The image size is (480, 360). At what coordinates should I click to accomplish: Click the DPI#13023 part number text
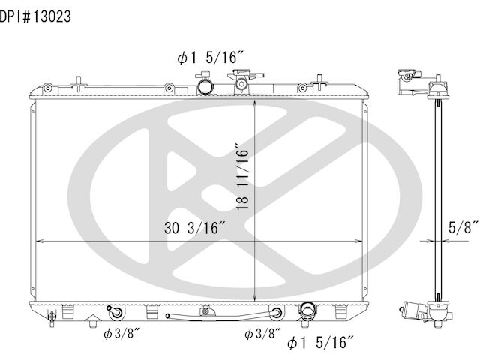click(x=35, y=16)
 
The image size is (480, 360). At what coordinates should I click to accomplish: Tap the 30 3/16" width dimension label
click(x=195, y=228)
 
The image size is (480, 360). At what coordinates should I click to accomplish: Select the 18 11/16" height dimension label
click(x=243, y=176)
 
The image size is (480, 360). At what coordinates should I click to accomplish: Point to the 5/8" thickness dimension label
click(x=463, y=226)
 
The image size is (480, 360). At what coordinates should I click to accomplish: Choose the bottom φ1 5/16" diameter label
click(x=320, y=342)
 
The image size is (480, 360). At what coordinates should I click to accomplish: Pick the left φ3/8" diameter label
click(x=121, y=333)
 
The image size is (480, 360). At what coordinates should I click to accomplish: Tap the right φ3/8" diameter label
click(x=262, y=333)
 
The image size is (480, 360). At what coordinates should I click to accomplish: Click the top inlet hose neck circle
click(x=205, y=86)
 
